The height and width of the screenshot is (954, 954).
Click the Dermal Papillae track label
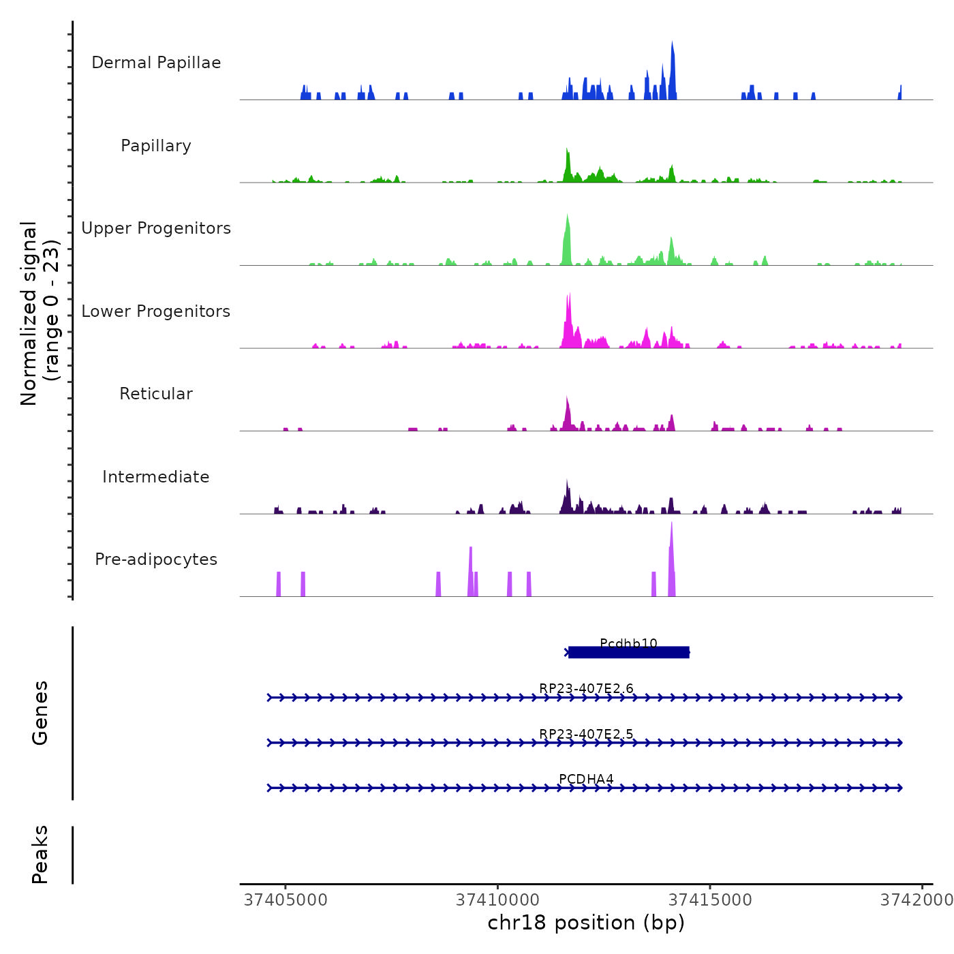(x=156, y=63)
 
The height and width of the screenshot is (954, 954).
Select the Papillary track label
(x=156, y=146)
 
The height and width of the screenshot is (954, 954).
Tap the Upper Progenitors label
(x=156, y=228)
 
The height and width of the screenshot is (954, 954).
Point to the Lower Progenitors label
(x=156, y=311)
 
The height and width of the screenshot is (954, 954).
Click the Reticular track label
(x=156, y=394)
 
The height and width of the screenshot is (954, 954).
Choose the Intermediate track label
(x=156, y=477)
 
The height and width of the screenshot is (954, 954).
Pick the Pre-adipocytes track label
(x=156, y=559)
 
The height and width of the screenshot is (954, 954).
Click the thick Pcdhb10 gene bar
(x=628, y=653)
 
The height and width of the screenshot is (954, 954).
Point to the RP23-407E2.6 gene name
(x=586, y=688)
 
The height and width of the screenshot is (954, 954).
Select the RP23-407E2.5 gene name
(x=586, y=734)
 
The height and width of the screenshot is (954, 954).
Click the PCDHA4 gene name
(x=586, y=779)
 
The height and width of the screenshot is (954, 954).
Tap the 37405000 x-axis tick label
(x=286, y=899)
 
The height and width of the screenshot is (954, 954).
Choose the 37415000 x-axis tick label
(x=710, y=899)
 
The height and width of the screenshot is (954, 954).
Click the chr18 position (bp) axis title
(x=586, y=923)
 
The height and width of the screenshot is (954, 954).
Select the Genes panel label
(x=40, y=713)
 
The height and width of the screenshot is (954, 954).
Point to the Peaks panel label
(x=40, y=855)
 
